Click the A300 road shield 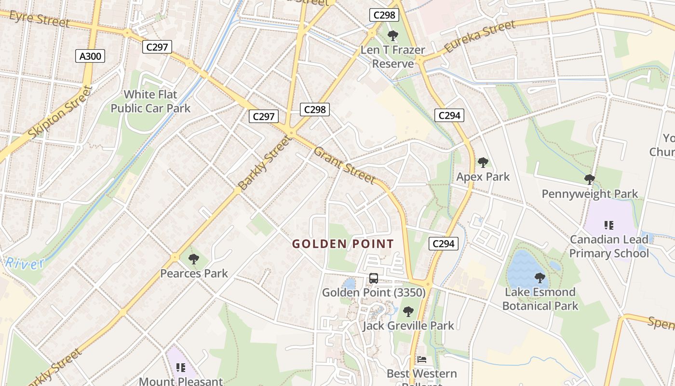tap(90, 56)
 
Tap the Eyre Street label tap(40, 19)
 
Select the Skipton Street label tap(60, 112)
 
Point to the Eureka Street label tap(480, 37)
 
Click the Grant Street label tap(344, 165)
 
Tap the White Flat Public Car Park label tap(150, 101)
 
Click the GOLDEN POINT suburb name tap(343, 244)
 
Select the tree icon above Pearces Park tap(193, 259)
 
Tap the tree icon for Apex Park tap(483, 163)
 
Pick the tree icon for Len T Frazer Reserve tap(393, 35)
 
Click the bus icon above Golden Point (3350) tap(374, 278)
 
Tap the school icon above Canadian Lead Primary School tap(608, 225)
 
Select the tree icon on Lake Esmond tap(540, 278)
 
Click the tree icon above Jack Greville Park tap(408, 312)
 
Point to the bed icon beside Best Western tap(422, 359)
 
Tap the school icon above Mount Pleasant tap(181, 368)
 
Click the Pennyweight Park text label tap(590, 194)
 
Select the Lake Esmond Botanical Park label tap(540, 299)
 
